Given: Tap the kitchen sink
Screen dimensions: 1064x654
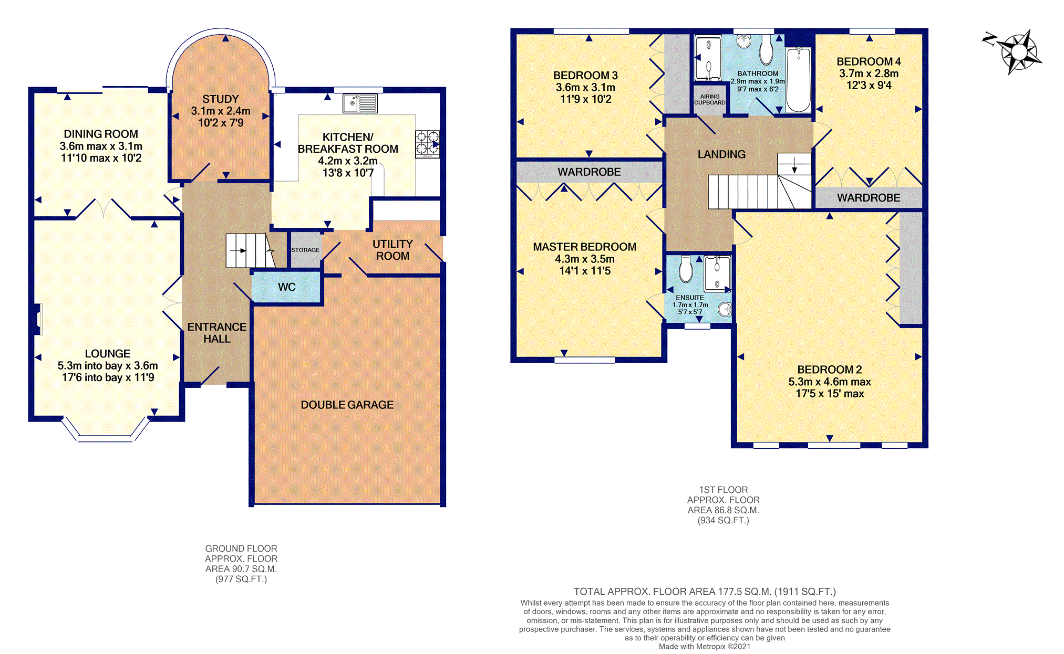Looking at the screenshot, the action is (x=360, y=103).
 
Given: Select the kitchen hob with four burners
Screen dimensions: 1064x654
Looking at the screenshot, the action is (x=427, y=144).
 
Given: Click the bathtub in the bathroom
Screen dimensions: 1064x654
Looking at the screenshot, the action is (x=799, y=79).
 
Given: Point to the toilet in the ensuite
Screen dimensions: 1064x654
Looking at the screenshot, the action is (x=686, y=269).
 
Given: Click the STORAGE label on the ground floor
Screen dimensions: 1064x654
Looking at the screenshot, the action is (x=305, y=250).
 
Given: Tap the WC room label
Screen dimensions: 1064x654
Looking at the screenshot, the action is (x=287, y=287).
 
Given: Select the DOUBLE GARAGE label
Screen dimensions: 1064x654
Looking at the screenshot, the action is (x=347, y=405).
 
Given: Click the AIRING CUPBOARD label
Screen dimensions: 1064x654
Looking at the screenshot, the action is (x=710, y=100).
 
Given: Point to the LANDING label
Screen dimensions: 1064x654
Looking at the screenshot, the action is (x=721, y=154).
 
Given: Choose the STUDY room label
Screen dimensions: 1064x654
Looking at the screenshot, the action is (x=221, y=99).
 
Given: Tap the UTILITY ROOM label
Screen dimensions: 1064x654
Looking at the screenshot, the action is (x=392, y=250).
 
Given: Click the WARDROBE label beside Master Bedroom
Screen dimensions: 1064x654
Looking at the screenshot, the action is (x=589, y=172).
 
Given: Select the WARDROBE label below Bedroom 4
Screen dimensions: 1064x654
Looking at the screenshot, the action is (x=869, y=198).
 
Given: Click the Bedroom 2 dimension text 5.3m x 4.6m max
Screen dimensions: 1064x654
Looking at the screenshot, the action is (x=830, y=382).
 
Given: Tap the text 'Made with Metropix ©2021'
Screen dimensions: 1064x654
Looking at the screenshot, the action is (x=705, y=647).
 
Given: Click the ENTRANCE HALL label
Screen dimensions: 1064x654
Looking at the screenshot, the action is (x=217, y=333).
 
